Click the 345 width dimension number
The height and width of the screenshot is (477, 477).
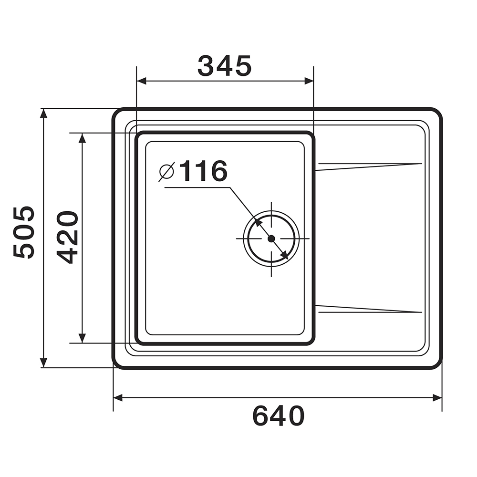pos(225,66)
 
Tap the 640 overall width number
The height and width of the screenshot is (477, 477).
pos(279,416)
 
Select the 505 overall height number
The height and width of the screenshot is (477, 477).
pos(24,233)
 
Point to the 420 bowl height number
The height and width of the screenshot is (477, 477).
pos(68,237)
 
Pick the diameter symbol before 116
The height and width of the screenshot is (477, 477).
pos(166,172)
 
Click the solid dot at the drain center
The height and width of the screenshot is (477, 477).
pos(271,238)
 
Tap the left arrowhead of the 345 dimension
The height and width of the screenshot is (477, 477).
pos(142,81)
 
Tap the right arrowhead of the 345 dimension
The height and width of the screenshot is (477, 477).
pos(309,81)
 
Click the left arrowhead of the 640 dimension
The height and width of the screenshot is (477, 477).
pos(118,398)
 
